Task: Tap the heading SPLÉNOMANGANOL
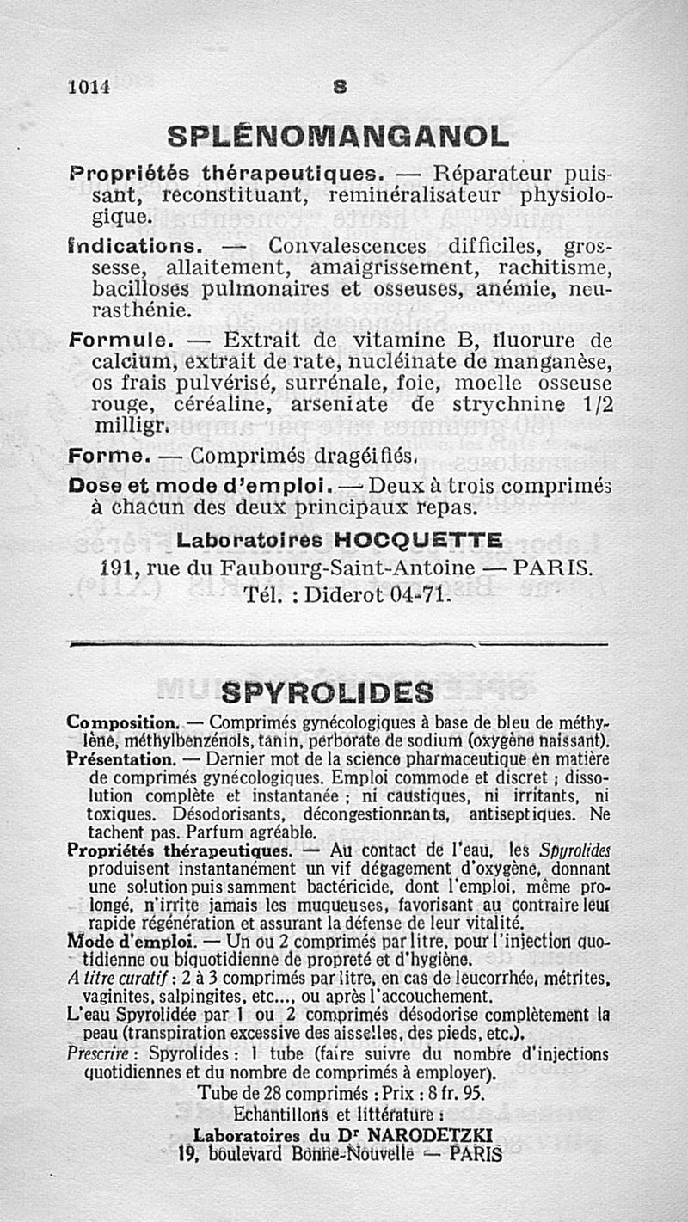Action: [x=338, y=137]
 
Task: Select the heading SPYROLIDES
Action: [x=327, y=691]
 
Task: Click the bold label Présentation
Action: [x=121, y=760]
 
